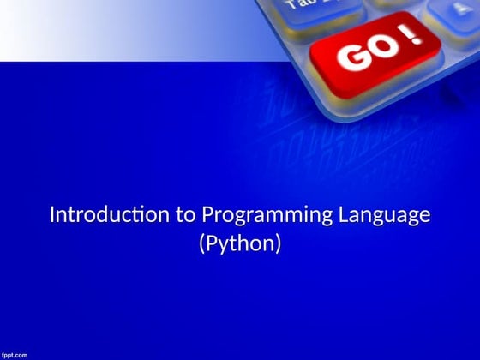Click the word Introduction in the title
(x=111, y=214)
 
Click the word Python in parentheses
(x=240, y=243)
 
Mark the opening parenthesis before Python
(x=202, y=244)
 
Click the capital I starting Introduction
(x=51, y=214)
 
